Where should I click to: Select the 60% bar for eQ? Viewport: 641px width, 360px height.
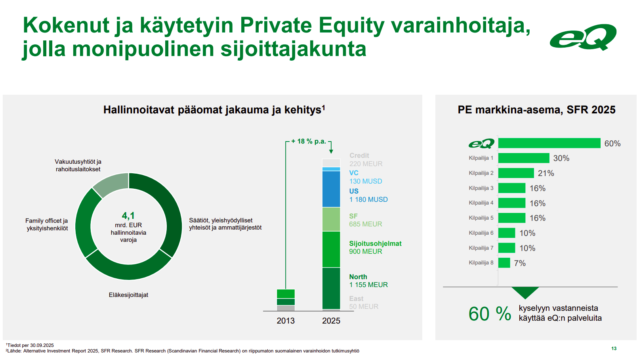coord(549,143)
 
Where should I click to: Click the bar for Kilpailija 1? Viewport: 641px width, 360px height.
coord(524,158)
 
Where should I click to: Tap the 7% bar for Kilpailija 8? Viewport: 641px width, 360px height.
coord(504,263)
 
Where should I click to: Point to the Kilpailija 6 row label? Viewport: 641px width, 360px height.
coord(481,233)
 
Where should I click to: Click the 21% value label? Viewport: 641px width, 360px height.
coord(546,173)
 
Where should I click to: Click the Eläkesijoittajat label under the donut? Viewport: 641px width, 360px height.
coord(128,295)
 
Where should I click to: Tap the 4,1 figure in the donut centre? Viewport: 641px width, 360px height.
coord(128,215)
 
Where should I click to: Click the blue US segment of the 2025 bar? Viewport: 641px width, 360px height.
coord(331,189)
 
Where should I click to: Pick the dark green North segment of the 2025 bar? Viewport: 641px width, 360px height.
coord(331,288)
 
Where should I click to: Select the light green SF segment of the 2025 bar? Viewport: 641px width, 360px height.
coord(331,219)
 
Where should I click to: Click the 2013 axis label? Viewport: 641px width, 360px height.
coord(286,321)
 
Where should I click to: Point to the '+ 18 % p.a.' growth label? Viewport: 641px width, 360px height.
coord(309,141)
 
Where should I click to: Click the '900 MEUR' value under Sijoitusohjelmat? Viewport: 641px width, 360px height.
coord(365,251)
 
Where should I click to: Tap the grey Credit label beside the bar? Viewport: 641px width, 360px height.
coord(359,155)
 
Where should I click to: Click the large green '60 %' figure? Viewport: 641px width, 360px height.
coord(490,314)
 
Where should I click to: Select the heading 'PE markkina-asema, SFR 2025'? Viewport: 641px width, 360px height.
coord(536,110)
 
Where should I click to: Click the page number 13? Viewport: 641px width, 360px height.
coord(614,349)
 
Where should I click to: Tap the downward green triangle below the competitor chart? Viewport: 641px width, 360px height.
coord(525,292)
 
